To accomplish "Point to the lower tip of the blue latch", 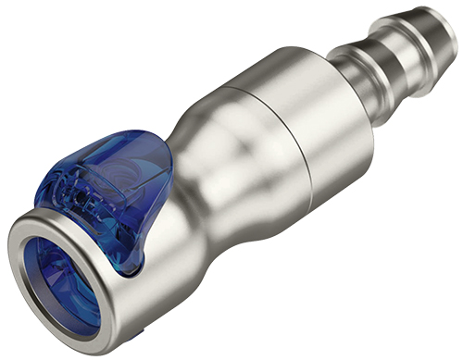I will point(130,269).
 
